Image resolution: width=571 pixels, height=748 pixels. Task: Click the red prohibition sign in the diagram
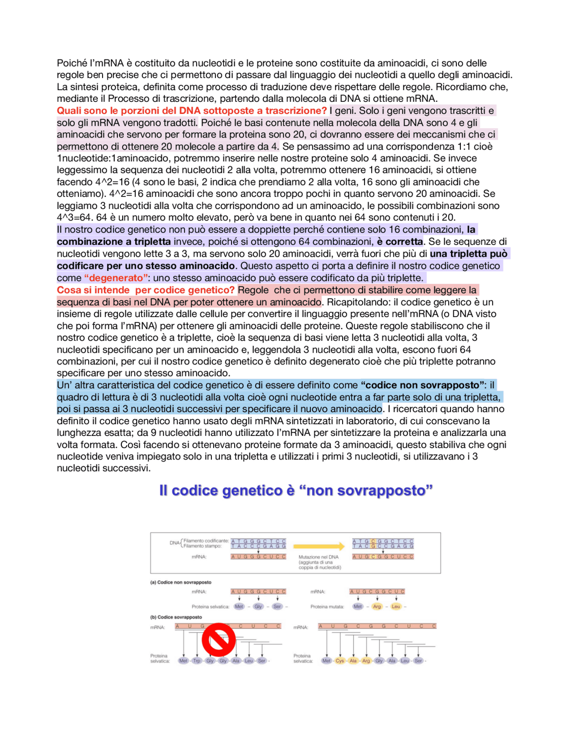click(x=218, y=639)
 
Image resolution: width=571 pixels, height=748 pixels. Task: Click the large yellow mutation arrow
click(x=319, y=546)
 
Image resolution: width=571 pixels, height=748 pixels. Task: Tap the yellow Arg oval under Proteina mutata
click(x=377, y=606)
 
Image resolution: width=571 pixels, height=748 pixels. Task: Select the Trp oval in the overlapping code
click(x=197, y=660)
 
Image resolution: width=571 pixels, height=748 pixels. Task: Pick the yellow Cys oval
click(x=340, y=660)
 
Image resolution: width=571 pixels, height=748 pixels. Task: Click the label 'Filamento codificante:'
click(x=206, y=541)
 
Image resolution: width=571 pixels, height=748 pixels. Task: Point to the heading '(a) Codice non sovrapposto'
click(x=181, y=582)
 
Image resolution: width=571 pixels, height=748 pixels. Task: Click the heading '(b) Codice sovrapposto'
click(x=176, y=617)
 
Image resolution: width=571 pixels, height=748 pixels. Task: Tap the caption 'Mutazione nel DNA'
click(x=319, y=557)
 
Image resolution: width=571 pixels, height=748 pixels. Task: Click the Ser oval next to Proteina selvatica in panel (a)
click(x=277, y=606)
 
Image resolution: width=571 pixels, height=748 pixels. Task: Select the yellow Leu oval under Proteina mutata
click(x=396, y=606)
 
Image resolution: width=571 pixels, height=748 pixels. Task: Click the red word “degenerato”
click(x=116, y=278)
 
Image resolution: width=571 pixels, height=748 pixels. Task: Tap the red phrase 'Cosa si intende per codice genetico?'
click(x=145, y=290)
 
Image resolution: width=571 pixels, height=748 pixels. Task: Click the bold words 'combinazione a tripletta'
click(x=113, y=242)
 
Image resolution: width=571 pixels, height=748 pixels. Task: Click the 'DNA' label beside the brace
click(x=174, y=543)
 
